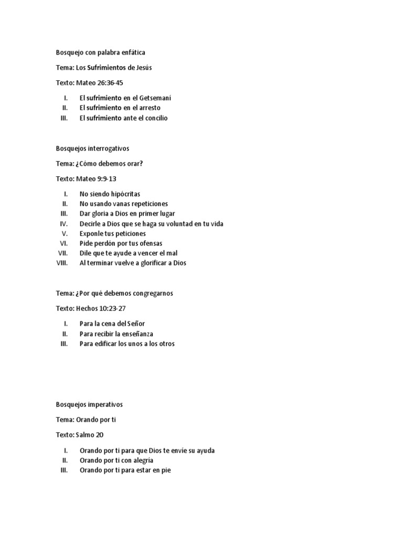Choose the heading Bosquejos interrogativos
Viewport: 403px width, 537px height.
click(92, 148)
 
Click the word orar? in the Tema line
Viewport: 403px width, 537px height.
click(132, 164)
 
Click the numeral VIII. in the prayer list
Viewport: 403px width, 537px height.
click(62, 263)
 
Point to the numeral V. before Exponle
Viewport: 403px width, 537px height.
click(65, 233)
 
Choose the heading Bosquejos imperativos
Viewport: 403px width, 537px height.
click(89, 404)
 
